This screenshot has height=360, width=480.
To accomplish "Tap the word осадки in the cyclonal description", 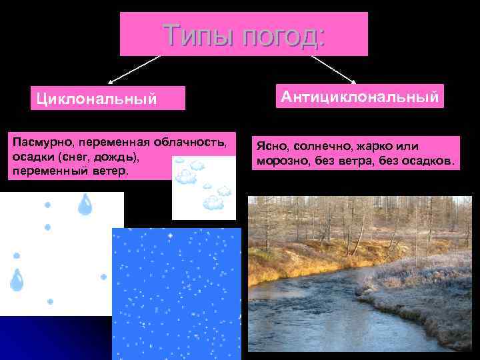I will [x=31, y=157].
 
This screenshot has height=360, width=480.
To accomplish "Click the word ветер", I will [x=94, y=171].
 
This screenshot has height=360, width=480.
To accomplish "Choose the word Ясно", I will [x=269, y=147].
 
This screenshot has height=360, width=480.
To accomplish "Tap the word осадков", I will [x=427, y=161].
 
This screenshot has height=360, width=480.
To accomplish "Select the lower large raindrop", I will [x=16, y=279].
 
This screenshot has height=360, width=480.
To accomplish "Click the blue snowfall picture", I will [x=176, y=293].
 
